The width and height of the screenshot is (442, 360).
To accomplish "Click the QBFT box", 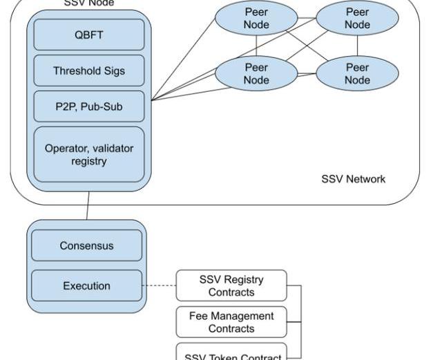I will click(x=88, y=35).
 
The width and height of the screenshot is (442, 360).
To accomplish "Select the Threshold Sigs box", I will click(x=88, y=70).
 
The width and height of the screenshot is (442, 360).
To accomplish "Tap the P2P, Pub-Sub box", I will click(x=88, y=106).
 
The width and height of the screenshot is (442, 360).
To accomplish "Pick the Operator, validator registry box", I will click(x=88, y=155).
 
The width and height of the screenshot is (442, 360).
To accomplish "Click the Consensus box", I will click(x=86, y=246).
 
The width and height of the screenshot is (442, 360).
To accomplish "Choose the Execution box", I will click(x=86, y=286).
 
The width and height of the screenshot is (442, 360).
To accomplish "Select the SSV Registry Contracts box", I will click(x=231, y=286).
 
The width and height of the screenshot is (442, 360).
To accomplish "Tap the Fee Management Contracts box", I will click(x=231, y=322).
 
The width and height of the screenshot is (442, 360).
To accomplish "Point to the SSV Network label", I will click(x=354, y=179).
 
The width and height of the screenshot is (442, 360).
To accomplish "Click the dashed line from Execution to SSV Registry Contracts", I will click(x=160, y=286).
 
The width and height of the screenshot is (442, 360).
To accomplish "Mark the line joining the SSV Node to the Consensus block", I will click(x=88, y=205).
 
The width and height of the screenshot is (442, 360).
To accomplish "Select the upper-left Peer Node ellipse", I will click(x=256, y=19).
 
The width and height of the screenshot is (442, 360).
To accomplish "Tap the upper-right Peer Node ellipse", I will click(x=357, y=19).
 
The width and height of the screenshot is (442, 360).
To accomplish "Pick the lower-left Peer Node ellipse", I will click(x=256, y=74).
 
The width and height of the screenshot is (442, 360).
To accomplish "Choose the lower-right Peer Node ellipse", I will click(x=357, y=74).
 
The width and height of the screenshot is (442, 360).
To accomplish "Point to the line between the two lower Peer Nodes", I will click(x=307, y=74).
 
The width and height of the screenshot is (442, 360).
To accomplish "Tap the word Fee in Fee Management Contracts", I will click(x=198, y=316).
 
